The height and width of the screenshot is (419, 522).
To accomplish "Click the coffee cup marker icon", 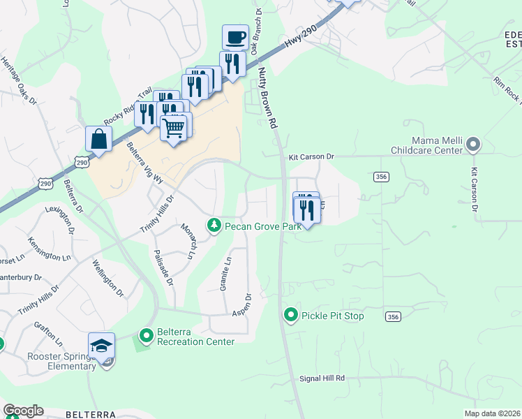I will [234, 37].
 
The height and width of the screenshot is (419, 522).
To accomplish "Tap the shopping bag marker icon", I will [98, 138].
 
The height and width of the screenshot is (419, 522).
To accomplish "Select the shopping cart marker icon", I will [174, 127].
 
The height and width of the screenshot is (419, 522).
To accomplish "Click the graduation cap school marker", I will [101, 346].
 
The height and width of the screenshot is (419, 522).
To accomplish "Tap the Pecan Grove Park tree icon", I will [214, 226].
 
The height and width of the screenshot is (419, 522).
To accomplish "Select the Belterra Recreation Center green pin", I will [147, 337].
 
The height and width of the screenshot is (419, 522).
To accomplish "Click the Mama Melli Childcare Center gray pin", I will [474, 145].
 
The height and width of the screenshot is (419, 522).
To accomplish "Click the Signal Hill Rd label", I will [322, 378].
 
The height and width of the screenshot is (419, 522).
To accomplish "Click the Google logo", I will [23, 411].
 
